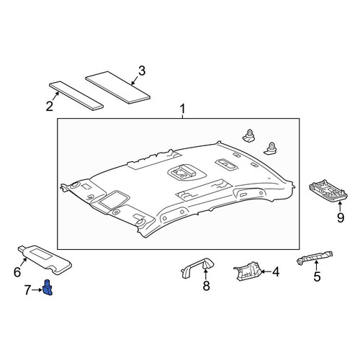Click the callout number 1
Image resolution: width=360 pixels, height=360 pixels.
tap(183, 109)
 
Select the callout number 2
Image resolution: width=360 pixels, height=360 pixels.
tap(50, 106)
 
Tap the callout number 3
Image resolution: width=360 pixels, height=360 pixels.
tap(142, 71)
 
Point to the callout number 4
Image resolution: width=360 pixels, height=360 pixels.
tap(276, 272)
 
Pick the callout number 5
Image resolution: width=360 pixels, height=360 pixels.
tap(317, 276)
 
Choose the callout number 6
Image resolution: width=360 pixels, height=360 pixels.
tap(17, 272)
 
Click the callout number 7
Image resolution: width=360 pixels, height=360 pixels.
tap(27, 290)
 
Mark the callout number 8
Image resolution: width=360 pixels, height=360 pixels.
tap(206, 286)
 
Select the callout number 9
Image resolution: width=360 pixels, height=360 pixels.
tap(341, 217)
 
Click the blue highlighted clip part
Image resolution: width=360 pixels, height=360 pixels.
tap(48, 287)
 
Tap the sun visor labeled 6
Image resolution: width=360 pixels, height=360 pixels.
tap(45, 259)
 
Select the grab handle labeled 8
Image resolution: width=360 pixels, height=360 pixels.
tap(197, 268)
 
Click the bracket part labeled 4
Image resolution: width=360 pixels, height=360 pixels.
tap(247, 271)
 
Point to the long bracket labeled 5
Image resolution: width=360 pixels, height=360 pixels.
tap(315, 258)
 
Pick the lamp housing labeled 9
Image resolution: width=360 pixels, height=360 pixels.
tap(328, 191)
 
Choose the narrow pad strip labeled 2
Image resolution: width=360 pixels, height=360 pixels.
tap(76, 96)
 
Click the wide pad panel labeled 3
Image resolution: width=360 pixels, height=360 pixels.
tap(117, 87)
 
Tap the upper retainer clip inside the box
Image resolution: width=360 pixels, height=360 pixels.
tap(249, 136)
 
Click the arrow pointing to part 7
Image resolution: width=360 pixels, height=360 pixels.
tap(37, 290)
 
